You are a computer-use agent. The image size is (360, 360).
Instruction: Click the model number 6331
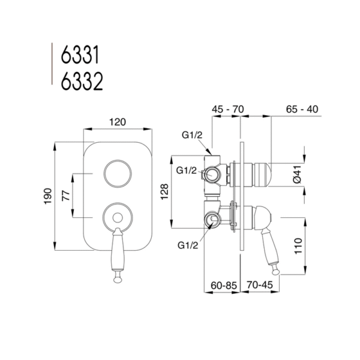click(x=81, y=58)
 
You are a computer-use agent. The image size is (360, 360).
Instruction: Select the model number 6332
click(x=82, y=82)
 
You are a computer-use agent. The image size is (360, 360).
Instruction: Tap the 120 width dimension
click(x=117, y=122)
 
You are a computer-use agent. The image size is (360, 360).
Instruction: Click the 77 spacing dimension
click(x=67, y=196)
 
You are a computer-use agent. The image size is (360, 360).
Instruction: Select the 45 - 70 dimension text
click(x=227, y=110)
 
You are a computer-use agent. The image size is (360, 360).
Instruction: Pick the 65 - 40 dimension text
click(x=302, y=110)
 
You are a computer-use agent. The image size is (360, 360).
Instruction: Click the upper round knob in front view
click(x=117, y=175)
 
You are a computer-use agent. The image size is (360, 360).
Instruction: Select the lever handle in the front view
click(x=117, y=252)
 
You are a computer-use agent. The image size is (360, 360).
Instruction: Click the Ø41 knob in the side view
click(x=260, y=175)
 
